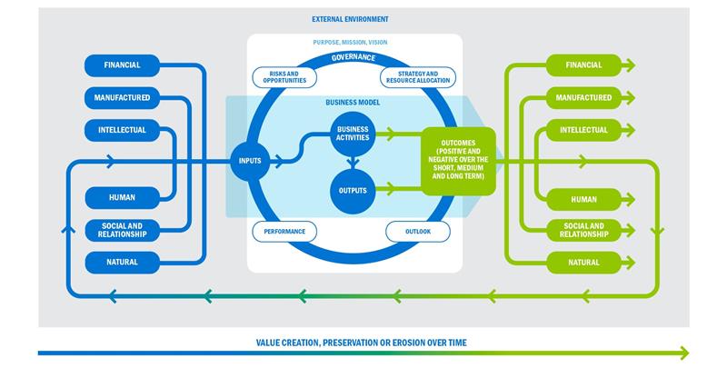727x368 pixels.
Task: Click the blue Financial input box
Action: point(122,65)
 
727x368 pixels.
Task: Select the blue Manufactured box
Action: point(122,97)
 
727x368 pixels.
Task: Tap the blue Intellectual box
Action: point(122,130)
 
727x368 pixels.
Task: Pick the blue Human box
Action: point(122,198)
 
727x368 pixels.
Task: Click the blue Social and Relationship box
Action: point(122,230)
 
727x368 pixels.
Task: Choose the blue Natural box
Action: point(122,263)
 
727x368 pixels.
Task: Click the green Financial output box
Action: point(583,65)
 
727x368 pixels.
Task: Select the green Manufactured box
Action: point(583,97)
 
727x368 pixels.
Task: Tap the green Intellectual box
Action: point(583,130)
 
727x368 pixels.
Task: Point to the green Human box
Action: point(583,198)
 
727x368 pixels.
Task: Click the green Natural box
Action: point(583,263)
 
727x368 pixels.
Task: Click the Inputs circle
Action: point(250,162)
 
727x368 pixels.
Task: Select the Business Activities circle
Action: point(352,134)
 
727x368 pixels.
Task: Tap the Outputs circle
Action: point(352,191)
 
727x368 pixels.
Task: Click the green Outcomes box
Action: point(457,161)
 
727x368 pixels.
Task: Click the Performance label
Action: point(284,232)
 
